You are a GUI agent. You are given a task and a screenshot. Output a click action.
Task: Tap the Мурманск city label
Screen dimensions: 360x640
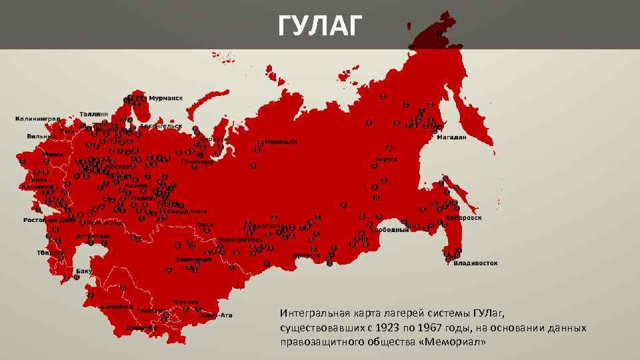[164, 98]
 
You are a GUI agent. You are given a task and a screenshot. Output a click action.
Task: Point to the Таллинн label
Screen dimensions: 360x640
[94, 114]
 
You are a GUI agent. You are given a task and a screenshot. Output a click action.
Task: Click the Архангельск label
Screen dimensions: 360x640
[160, 125]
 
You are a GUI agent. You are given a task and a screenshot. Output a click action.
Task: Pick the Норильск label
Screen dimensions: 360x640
[281, 141]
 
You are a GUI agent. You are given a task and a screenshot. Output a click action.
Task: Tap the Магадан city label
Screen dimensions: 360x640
[451, 137]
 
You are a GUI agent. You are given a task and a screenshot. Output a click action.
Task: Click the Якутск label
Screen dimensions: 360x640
[387, 159]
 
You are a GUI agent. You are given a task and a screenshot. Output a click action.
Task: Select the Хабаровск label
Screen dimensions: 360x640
[464, 217]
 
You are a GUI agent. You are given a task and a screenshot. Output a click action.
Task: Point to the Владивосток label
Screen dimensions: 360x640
[475, 263]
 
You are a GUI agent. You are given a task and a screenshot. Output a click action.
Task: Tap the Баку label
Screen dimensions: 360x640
[83, 271]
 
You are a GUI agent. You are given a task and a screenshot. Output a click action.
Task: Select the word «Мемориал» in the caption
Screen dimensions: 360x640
[460, 342]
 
